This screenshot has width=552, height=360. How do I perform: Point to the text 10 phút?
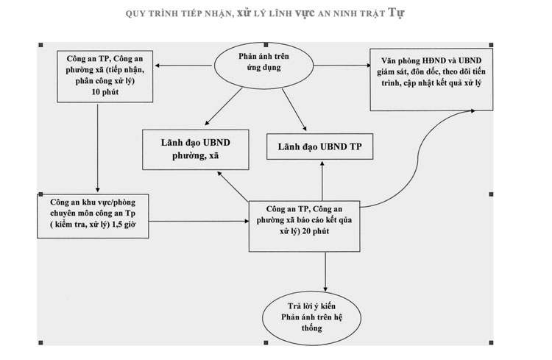click(105, 92)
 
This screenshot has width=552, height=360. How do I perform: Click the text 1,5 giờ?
click(124, 225)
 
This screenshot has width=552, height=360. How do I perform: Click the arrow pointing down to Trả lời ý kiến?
click(325, 272)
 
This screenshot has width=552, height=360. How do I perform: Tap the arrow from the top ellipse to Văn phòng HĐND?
click(342, 66)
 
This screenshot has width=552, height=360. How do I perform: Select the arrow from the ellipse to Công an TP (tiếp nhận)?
click(183, 66)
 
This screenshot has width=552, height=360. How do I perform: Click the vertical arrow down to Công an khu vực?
click(97, 148)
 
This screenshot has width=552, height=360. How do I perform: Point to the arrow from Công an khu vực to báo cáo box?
click(199, 221)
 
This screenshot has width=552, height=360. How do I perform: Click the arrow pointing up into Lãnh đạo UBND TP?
click(322, 181)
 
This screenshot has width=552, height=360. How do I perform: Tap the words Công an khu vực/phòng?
click(93, 202)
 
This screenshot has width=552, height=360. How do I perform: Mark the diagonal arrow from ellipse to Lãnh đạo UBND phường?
click(224, 106)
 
